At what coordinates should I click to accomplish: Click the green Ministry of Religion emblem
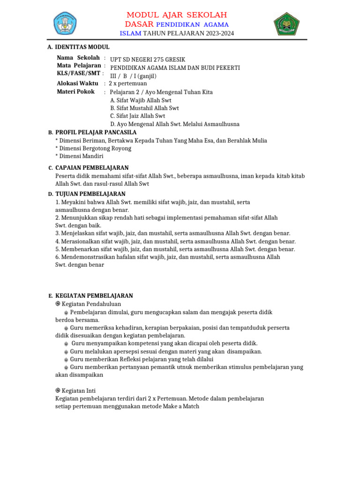285,23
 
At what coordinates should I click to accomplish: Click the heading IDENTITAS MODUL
82,47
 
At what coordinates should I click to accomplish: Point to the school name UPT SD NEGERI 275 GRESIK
148,60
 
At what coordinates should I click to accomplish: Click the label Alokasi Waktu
77,83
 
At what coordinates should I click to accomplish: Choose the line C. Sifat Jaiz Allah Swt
137,116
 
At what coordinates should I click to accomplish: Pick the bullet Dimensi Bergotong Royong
95,149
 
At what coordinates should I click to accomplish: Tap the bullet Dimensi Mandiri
81,157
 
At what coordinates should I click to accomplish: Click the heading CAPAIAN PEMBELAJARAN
92,168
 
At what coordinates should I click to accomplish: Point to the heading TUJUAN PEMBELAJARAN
90,194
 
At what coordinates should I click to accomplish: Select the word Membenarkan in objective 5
79,249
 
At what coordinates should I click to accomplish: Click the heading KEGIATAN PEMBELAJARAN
94,296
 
